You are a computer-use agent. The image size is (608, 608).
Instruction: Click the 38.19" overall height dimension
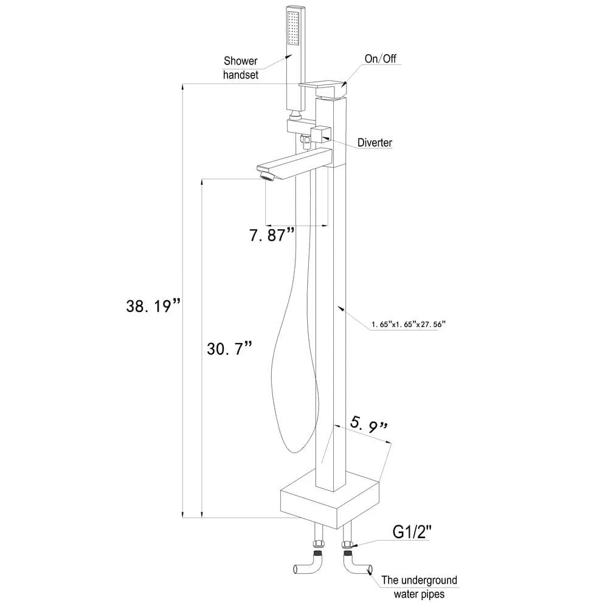(154, 306)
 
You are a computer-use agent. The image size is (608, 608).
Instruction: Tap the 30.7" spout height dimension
(230, 348)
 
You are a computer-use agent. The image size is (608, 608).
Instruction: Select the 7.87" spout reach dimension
(272, 235)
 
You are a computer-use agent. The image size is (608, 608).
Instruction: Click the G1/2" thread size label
(412, 531)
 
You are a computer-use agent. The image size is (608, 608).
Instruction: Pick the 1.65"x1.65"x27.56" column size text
(407, 325)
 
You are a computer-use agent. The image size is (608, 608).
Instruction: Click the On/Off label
(381, 58)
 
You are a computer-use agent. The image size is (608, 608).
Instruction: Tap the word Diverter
(375, 143)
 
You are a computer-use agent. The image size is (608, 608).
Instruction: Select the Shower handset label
(240, 67)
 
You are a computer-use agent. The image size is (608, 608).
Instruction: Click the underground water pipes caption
(419, 587)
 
